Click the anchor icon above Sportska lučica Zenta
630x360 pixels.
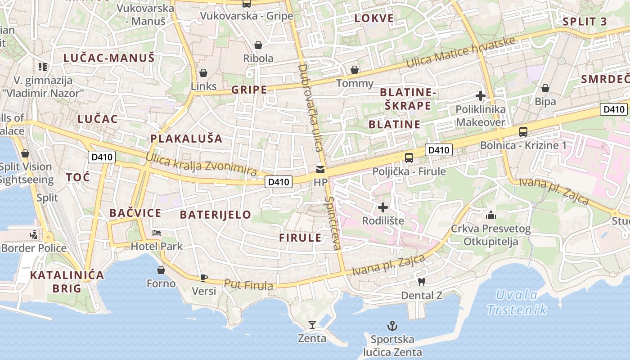click(x=392, y=325)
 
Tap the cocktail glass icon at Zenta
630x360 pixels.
click(x=312, y=324)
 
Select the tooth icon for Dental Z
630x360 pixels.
click(x=422, y=282)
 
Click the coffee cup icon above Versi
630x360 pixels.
click(x=203, y=278)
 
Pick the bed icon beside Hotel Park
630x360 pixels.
click(x=156, y=233)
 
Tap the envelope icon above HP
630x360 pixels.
click(x=320, y=169)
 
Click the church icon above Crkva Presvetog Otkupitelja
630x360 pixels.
click(x=490, y=216)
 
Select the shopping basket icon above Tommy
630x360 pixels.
click(x=355, y=70)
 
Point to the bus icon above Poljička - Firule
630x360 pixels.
click(x=409, y=158)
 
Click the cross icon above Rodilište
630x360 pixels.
click(x=383, y=207)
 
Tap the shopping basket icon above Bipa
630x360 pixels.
click(x=545, y=88)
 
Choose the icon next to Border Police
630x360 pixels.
click(x=33, y=234)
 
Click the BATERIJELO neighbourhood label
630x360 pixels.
click(x=216, y=215)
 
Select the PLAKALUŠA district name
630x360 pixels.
click(x=186, y=139)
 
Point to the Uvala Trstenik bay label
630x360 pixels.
click(x=517, y=302)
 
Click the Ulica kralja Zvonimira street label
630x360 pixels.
click(x=201, y=165)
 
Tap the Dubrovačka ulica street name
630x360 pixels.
click(x=310, y=108)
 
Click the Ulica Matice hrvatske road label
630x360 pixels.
click(x=460, y=53)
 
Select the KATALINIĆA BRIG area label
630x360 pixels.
click(x=67, y=282)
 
